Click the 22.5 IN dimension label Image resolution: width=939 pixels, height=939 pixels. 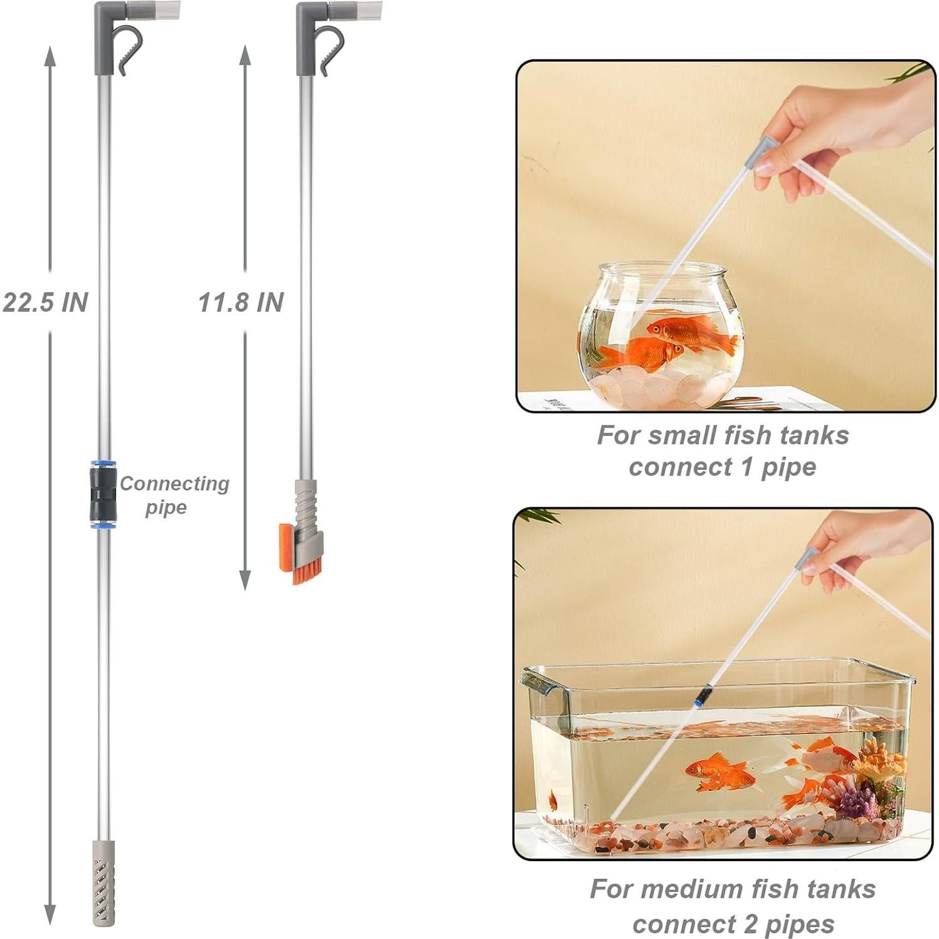tap(45, 302)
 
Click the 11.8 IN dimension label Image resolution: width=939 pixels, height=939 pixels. tap(241, 302)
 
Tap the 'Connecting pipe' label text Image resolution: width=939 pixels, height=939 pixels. tap(174, 495)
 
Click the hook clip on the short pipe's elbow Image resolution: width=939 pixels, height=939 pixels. tap(330, 49)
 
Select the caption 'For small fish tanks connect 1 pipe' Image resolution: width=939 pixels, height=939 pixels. tap(723, 450)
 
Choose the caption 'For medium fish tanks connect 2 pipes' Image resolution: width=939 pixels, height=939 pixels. tap(733, 906)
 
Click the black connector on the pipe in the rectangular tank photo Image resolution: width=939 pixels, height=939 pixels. tap(704, 695)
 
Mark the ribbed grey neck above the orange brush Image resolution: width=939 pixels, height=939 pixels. tap(305, 502)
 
